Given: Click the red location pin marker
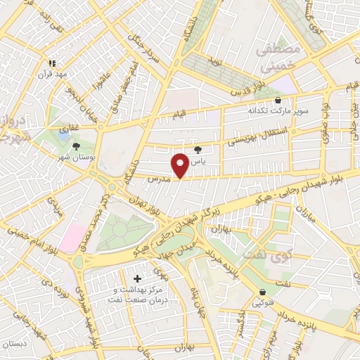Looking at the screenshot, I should tap(180, 165).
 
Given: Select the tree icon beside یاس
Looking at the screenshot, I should tap(198, 150).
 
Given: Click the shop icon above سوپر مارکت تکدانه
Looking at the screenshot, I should tap(278, 100).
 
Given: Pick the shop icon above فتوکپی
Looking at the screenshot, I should tap(262, 292).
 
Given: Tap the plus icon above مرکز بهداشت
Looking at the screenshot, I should tap(136, 279).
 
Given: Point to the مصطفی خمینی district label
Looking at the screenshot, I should tap(279, 58).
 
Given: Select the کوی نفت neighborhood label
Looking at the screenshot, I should tap(259, 251).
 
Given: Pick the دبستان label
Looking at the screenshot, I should tap(15, 345).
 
